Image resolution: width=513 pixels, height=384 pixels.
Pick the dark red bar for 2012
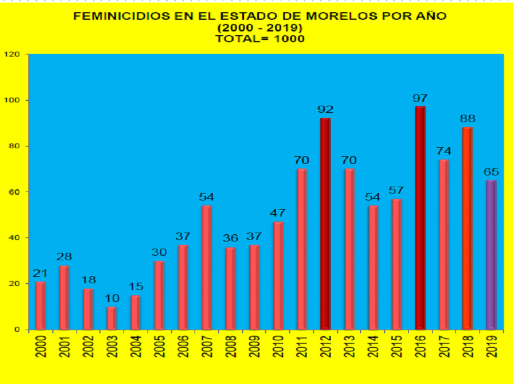[x=325, y=223]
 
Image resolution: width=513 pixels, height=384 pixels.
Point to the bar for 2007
[x=207, y=267]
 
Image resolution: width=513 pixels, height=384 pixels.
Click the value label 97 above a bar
[x=421, y=99]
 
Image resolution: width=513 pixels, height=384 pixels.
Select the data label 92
[x=325, y=110]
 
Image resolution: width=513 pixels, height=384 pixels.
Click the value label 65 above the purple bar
[x=491, y=172]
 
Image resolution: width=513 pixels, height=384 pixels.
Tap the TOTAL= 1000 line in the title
[x=260, y=38]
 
